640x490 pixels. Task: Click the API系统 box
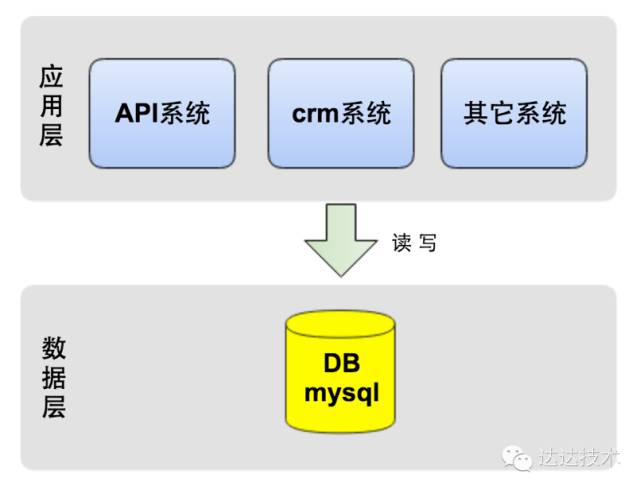tap(162, 113)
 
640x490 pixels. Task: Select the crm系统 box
tap(341, 113)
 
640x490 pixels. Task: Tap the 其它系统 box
tap(514, 113)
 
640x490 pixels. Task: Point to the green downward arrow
tap(340, 240)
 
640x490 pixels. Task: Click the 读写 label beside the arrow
tap(414, 243)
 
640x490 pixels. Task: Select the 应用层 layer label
tap(51, 106)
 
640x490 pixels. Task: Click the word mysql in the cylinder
tap(341, 391)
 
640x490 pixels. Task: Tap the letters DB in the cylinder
tap(340, 363)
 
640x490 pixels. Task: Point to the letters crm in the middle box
tap(315, 113)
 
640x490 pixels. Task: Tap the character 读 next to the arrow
tap(402, 243)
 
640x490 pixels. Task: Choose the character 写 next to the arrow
tap(427, 243)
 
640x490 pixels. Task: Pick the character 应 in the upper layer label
tap(51, 77)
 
